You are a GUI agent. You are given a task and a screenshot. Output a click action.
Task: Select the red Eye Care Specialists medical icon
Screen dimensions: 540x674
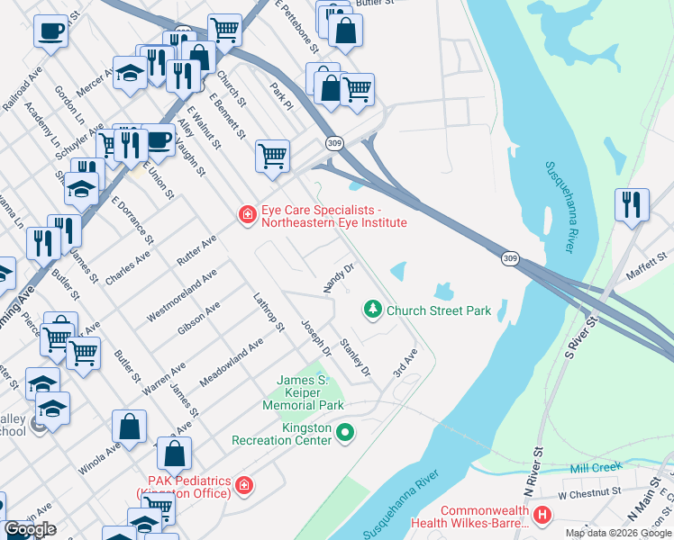[246, 215]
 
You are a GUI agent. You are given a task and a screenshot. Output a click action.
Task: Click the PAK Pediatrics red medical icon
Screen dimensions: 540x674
[243, 487]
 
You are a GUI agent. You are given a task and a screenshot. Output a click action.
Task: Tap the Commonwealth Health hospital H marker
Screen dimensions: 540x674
[542, 516]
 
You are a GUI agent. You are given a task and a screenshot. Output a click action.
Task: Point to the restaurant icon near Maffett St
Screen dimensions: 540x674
[632, 204]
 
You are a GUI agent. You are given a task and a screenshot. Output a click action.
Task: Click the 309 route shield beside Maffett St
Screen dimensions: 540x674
[510, 258]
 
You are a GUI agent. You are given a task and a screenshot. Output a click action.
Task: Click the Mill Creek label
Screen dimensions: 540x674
[597, 469]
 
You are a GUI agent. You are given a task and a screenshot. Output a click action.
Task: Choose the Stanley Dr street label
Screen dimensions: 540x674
[355, 357]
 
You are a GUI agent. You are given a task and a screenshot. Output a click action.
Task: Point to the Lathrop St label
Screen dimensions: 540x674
[269, 310]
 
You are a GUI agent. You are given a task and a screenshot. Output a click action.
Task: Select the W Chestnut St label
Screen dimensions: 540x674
[589, 493]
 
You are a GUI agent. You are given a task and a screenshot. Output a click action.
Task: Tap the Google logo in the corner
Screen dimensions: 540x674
[30, 529]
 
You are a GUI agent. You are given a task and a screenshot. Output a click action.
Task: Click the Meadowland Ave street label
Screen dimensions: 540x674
[232, 362]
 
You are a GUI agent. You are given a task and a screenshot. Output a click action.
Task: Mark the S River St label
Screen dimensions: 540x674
[579, 334]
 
